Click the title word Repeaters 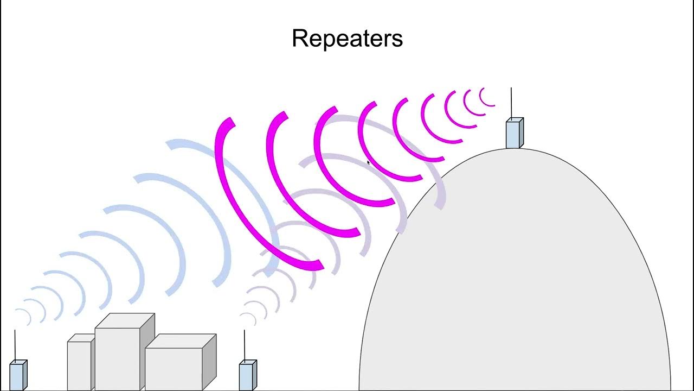point(347,39)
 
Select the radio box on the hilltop point(513,134)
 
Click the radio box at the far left point(17,375)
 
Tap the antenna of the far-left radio point(15,344)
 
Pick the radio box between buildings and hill point(247,376)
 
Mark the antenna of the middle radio point(245,345)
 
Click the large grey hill point(515,282)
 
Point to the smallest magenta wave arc point(485,98)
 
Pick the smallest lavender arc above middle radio point(248,318)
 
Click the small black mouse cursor point(368,162)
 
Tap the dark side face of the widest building point(209,361)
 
